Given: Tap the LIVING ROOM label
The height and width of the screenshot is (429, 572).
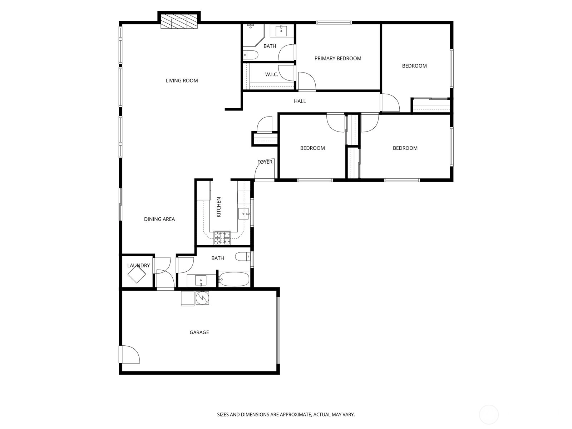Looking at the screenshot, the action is tap(182, 81).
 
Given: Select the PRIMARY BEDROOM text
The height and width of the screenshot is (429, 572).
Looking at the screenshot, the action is tap(338, 59).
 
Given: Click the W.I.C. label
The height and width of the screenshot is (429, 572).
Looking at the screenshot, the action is tap(272, 74).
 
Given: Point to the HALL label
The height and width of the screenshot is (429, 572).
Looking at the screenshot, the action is tap(300, 101).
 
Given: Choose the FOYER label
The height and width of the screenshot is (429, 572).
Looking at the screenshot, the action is tap(265, 162).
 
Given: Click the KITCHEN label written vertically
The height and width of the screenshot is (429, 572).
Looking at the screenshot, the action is tap(219, 207).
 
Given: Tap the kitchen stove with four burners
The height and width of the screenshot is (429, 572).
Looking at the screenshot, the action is tap(222, 238).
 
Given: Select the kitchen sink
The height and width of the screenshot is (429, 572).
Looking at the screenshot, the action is tap(244, 213).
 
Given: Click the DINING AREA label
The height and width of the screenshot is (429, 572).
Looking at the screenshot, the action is tap(159, 219).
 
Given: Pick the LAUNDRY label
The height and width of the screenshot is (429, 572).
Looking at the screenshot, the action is tap(138, 265).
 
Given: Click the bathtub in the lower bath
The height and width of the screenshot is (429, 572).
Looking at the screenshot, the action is tap(234, 279).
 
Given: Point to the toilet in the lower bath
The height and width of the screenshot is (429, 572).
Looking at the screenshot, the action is tap(243, 257).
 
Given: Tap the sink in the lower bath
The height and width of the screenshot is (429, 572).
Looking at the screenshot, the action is tap(201, 281).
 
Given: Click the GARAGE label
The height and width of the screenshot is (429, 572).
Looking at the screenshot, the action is tap(199, 332).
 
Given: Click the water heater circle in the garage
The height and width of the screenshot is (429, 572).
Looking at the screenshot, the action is tap(202, 297).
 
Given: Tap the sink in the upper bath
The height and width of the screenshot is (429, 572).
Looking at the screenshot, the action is tap(281, 31).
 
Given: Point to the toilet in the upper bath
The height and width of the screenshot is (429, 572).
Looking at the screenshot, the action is tap(251, 55).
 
